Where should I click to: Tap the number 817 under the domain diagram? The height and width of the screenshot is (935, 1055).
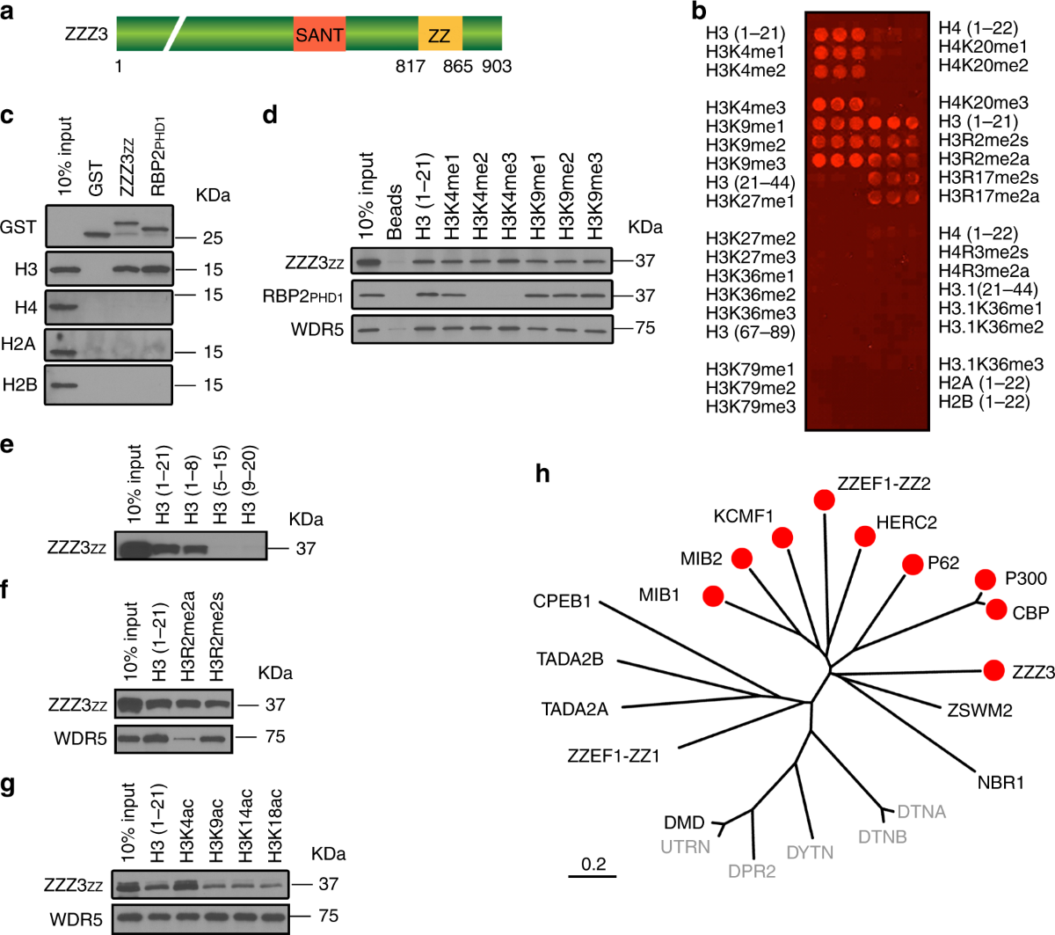pos(411,67)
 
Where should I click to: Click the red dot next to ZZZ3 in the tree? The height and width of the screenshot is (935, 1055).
pos(994,670)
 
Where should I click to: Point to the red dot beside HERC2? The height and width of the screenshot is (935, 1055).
pos(865,535)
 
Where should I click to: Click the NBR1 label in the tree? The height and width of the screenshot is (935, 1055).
pos(1000,782)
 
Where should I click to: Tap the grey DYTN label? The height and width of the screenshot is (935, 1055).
pos(810,851)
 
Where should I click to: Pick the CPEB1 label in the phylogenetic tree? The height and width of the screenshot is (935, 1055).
pos(562,603)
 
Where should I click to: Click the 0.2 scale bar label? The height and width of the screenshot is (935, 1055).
pos(594,864)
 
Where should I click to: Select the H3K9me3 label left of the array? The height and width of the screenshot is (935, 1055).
pos(746,164)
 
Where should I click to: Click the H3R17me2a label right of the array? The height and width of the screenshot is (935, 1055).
pos(988,196)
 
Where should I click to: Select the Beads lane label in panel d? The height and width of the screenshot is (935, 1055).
pos(395,212)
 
